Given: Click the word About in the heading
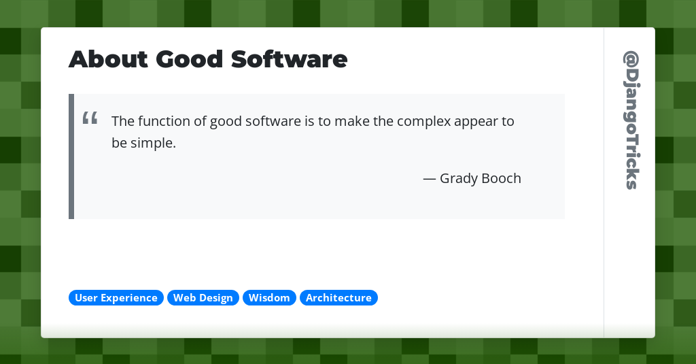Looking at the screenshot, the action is pos(108,60).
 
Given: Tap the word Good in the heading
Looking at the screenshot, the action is pos(189,60).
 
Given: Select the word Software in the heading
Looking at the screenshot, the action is pos(289,60).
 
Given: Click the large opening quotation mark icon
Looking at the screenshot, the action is pos(90,118).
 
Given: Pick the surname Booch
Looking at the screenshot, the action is pos(501,178).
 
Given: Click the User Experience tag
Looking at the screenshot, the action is pos(116,298).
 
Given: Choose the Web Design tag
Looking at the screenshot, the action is pos(203,298).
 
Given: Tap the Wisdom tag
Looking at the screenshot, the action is pos(269,298).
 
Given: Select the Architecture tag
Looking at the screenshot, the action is pos(338,298).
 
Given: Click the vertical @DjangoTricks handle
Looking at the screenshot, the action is pos(631,120).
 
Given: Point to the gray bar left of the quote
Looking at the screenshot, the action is pos(71,156).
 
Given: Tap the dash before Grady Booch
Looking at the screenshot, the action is pos(430,179).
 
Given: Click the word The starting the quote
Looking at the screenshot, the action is pos(123,121).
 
